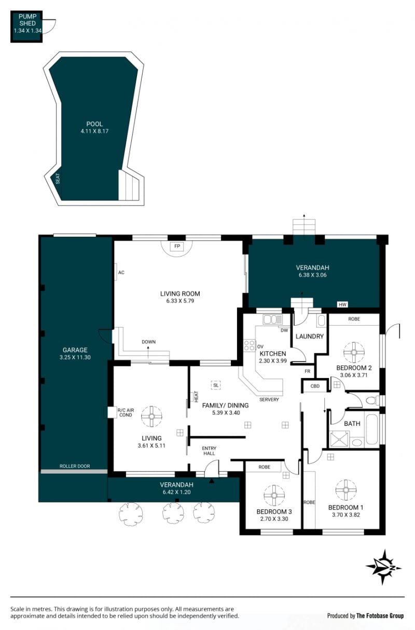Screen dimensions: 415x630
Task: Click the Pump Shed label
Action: click(x=27, y=20)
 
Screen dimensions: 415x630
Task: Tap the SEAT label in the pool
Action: click(x=58, y=179)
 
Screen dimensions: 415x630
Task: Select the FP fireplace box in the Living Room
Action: click(x=177, y=246)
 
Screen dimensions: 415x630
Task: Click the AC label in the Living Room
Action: click(x=121, y=272)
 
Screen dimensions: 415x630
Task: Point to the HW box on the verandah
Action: click(x=342, y=304)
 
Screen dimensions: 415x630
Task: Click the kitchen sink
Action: click(x=272, y=320)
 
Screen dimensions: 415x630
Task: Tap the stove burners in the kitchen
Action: click(x=250, y=345)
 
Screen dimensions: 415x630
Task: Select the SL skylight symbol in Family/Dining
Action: click(x=215, y=385)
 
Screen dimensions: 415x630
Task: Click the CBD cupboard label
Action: click(x=315, y=386)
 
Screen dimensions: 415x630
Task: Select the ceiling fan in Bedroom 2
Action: click(x=354, y=352)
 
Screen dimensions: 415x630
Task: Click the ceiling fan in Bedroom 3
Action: click(x=274, y=495)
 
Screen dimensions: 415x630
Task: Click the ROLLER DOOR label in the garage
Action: click(x=75, y=466)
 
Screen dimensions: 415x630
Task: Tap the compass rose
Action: click(x=384, y=567)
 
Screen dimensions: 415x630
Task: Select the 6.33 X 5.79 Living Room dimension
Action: click(x=180, y=301)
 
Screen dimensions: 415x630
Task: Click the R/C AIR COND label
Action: click(x=126, y=412)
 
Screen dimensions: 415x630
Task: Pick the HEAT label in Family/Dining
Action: click(x=196, y=397)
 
